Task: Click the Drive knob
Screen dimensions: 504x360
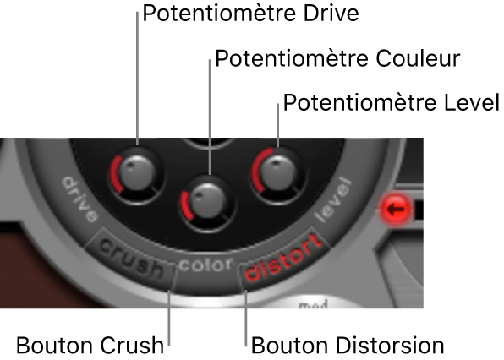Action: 138,174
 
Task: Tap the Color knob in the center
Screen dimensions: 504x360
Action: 208,202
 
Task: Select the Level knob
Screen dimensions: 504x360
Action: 277,175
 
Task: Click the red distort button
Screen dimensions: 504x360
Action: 283,257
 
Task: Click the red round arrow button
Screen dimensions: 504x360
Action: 396,209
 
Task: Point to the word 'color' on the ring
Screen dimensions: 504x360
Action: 205,265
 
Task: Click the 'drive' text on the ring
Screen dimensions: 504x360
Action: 79,199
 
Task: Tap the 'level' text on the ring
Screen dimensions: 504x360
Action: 333,199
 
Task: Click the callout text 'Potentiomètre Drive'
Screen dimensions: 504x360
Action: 250,14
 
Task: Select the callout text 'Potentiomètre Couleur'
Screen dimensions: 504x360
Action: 337,58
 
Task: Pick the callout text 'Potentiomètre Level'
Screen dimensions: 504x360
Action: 392,102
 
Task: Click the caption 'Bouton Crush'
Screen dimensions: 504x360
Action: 90,346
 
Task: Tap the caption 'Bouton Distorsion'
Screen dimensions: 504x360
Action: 348,346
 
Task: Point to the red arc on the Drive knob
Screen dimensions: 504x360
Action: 113,173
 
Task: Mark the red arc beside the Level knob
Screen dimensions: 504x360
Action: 255,170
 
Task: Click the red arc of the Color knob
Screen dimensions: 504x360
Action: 184,205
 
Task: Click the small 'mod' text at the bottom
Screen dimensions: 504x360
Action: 313,304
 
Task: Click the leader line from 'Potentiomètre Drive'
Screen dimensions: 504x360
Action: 138,79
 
